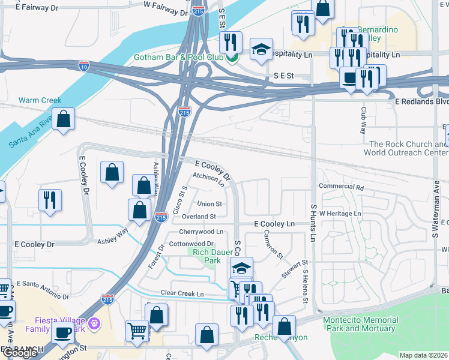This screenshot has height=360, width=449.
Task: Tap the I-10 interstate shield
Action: coord(85,66)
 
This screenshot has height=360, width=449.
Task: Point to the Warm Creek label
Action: coord(36,100)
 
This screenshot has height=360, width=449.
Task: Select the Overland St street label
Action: coord(199,217)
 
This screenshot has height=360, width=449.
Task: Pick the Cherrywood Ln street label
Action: coord(200,232)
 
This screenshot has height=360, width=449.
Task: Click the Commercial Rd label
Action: coord(342,187)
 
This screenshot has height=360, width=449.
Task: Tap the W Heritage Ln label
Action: coord(340,214)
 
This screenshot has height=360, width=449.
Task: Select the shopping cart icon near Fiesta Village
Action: coord(137,331)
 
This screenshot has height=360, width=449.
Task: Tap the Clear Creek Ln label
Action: coord(182,293)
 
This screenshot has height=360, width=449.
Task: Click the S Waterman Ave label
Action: coord(436,204)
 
